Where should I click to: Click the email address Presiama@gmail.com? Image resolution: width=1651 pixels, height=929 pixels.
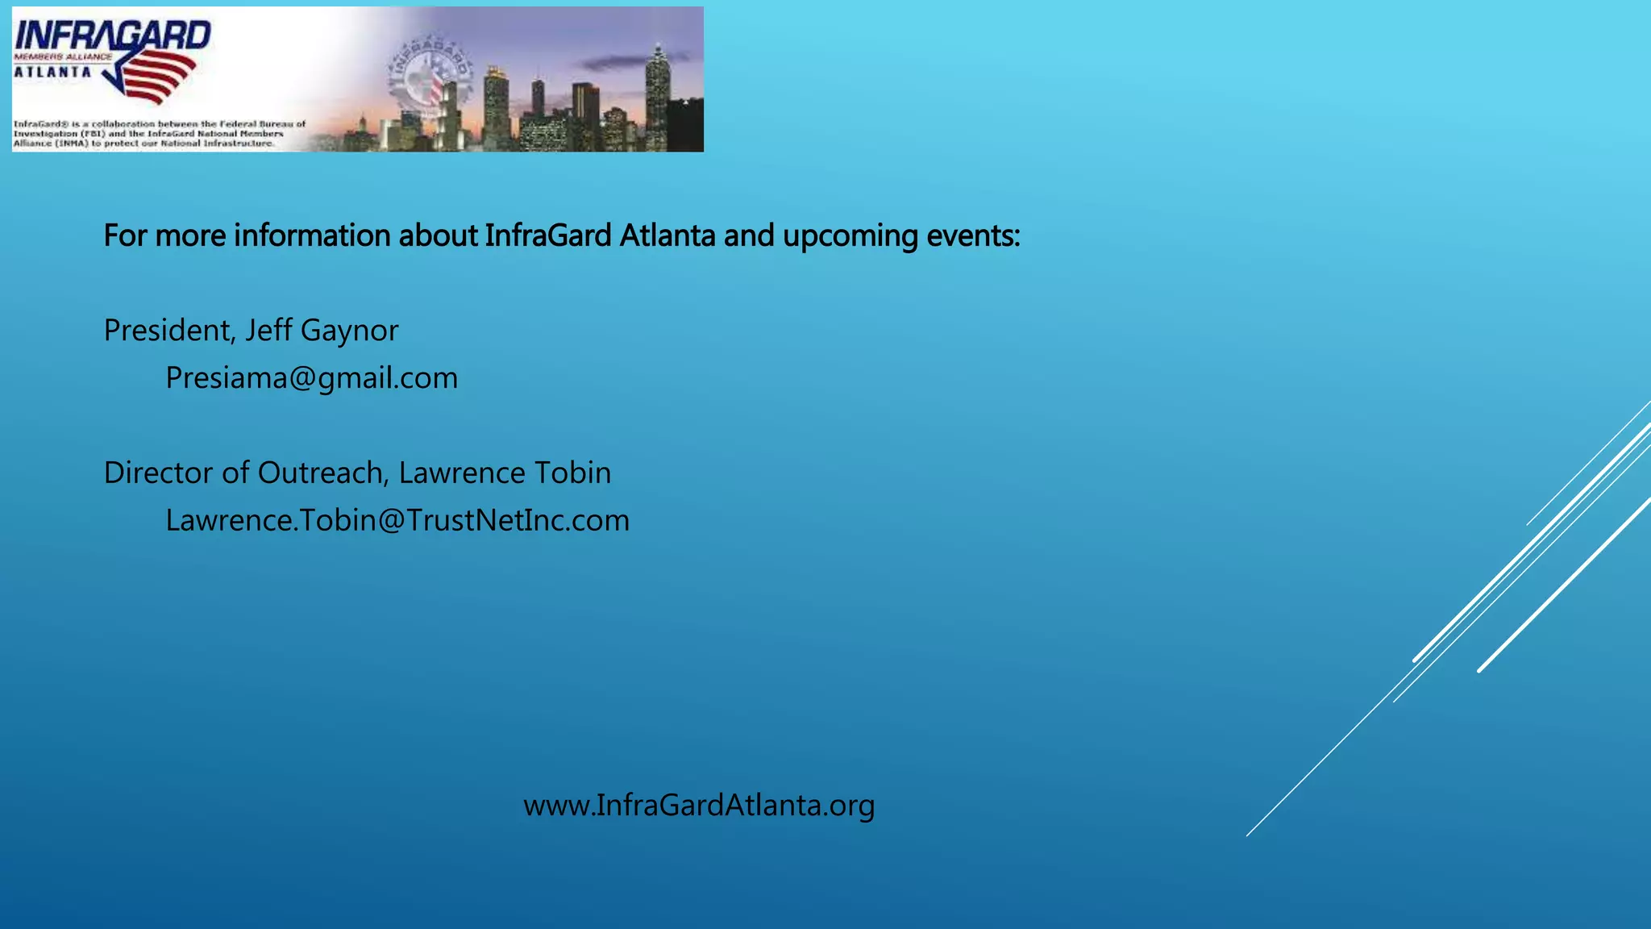click(311, 378)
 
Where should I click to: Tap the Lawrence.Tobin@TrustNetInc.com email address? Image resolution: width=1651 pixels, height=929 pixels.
click(397, 521)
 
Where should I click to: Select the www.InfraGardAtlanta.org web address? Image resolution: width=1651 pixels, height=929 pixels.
click(699, 806)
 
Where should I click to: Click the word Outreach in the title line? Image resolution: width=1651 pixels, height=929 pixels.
click(323, 473)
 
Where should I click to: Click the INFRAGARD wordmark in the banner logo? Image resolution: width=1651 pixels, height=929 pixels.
click(112, 36)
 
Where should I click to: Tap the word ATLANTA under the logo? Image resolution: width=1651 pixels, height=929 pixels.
click(52, 72)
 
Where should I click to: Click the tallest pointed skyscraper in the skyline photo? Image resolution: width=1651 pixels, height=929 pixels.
click(658, 97)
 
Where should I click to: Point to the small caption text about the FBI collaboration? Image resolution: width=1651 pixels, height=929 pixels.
click(160, 134)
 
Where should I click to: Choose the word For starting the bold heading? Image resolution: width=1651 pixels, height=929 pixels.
click(125, 236)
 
